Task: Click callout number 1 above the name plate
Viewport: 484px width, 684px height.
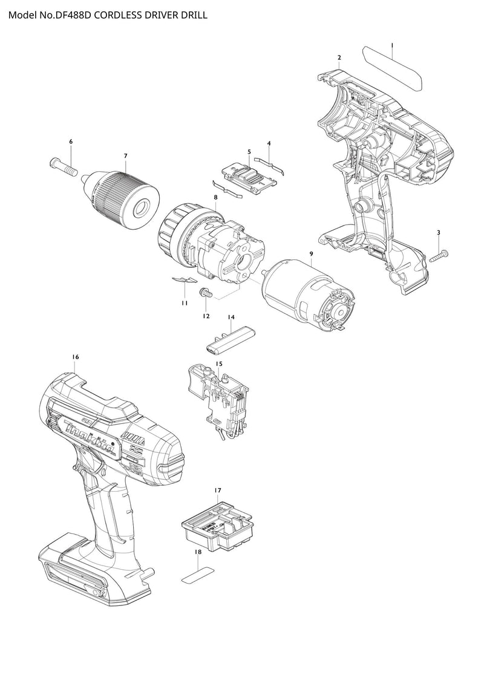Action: [x=392, y=45]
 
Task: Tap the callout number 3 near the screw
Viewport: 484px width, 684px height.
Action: [x=438, y=233]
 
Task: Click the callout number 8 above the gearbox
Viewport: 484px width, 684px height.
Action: [x=215, y=197]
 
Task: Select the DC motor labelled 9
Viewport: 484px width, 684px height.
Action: [x=307, y=293]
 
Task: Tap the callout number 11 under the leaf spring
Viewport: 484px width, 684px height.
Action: [x=185, y=303]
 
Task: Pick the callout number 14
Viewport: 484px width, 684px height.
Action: [x=231, y=317]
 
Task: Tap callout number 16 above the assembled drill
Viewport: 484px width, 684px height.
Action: [x=76, y=357]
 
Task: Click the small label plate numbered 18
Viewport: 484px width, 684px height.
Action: [x=198, y=575]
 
